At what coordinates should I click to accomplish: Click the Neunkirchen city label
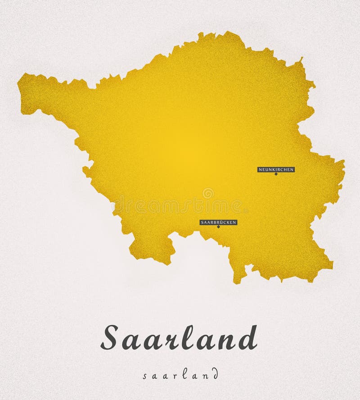tap(276, 169)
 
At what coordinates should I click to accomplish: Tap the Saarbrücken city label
tap(218, 222)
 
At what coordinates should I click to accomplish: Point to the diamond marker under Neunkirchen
tap(276, 174)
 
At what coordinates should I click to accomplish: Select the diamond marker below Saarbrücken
tap(218, 227)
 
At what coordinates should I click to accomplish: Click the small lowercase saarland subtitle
tap(180, 375)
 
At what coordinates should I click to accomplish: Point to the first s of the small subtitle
tap(144, 376)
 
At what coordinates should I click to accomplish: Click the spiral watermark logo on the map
tap(208, 193)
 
